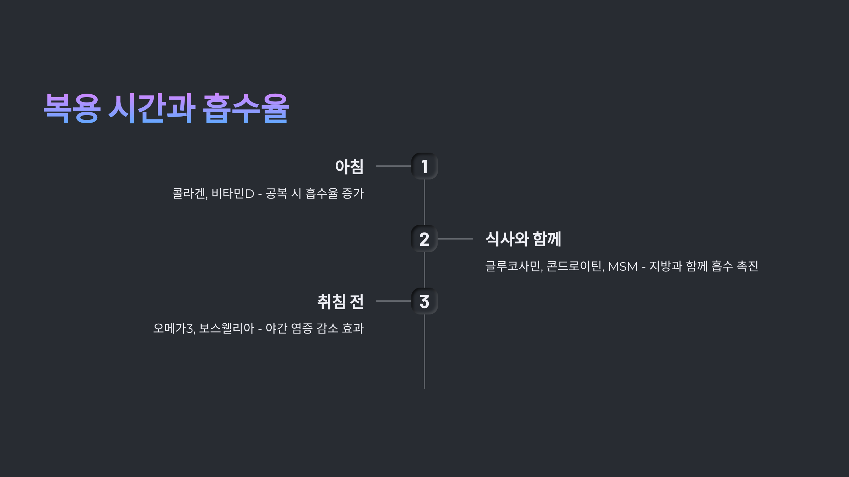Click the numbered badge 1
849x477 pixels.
point(424,166)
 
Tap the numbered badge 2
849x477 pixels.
point(424,239)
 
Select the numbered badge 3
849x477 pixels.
point(424,301)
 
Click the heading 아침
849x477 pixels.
point(349,167)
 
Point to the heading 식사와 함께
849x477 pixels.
point(523,239)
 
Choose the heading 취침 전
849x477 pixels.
point(340,302)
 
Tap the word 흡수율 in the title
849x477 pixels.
point(246,108)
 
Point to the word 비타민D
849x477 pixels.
point(233,194)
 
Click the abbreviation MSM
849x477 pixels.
point(623,266)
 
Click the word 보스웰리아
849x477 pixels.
point(226,329)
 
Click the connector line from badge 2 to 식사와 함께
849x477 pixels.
point(455,239)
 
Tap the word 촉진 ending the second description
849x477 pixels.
point(747,266)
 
